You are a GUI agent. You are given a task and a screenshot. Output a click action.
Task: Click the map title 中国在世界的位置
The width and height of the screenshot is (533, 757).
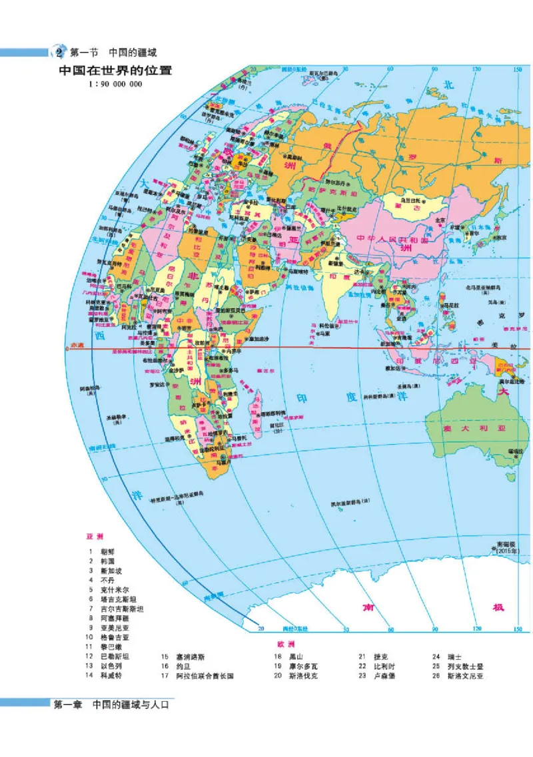pos(115,71)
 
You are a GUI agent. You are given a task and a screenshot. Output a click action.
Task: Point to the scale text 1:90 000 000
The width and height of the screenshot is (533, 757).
pos(115,85)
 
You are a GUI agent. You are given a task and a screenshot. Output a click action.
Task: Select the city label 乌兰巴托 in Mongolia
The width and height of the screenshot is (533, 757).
pos(409,199)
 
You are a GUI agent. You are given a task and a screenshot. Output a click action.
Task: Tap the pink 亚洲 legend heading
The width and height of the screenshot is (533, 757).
pos(95,536)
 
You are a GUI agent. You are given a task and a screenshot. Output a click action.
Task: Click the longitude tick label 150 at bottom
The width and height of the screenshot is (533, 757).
pos(518,629)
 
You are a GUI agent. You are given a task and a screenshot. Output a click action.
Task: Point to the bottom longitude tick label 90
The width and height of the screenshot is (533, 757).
pos(434,629)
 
